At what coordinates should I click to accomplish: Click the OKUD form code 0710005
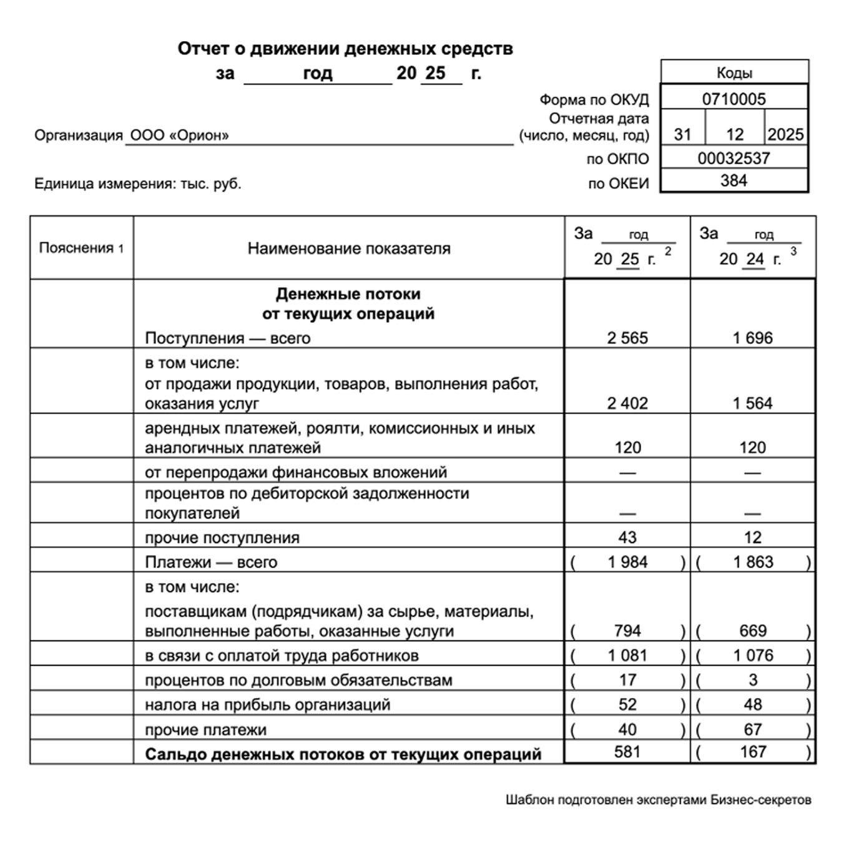click(x=734, y=99)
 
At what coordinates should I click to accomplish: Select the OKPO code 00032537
click(x=734, y=158)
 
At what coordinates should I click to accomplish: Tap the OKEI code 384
click(x=734, y=180)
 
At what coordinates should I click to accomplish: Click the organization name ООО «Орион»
click(x=179, y=135)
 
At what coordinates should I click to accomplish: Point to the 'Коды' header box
click(x=734, y=72)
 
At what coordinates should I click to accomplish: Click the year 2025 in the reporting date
click(x=785, y=134)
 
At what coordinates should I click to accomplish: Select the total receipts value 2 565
click(x=627, y=338)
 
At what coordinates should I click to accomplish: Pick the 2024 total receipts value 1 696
click(x=752, y=338)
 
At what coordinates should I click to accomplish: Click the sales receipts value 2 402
click(x=627, y=403)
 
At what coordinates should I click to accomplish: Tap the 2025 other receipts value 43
click(x=627, y=537)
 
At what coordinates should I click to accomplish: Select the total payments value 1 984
click(x=627, y=562)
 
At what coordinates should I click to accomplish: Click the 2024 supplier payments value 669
click(x=753, y=631)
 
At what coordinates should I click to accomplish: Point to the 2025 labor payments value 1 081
click(x=627, y=656)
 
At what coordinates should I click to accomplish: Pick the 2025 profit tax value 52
click(x=627, y=704)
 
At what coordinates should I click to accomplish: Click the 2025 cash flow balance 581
click(x=627, y=752)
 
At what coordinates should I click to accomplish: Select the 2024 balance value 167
click(x=753, y=752)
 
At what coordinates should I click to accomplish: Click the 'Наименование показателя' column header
click(x=348, y=248)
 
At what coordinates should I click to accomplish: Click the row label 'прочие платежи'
click(x=205, y=730)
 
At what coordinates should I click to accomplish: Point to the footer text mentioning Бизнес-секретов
click(x=658, y=800)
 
